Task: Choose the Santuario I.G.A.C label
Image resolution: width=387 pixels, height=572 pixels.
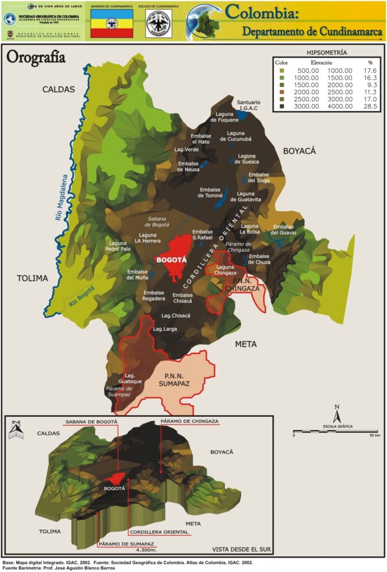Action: coord(248,105)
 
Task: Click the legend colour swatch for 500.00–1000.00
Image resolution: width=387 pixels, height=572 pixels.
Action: coord(282,70)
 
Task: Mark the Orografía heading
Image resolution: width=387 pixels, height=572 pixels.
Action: coord(35,57)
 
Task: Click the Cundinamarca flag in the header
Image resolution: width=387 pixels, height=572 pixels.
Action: coord(111,23)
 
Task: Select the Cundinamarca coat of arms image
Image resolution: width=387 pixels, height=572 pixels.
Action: coord(159,24)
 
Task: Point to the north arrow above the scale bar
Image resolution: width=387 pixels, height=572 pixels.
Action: coord(336,414)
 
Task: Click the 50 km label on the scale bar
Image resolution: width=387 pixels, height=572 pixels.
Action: coord(374,436)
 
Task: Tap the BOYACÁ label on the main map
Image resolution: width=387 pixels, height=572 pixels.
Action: coord(299,151)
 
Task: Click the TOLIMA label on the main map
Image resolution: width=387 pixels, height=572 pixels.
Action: coord(32,278)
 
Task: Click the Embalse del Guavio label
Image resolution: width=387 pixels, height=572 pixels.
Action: coord(284,230)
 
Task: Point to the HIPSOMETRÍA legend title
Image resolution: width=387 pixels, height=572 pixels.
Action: coord(327,52)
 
